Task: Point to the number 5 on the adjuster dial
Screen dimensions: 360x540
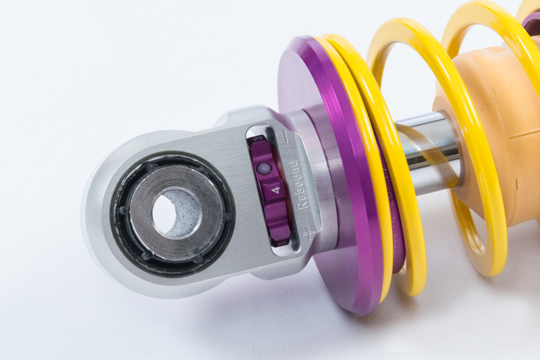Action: click(282, 241)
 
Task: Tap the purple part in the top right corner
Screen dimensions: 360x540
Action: click(531, 20)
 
